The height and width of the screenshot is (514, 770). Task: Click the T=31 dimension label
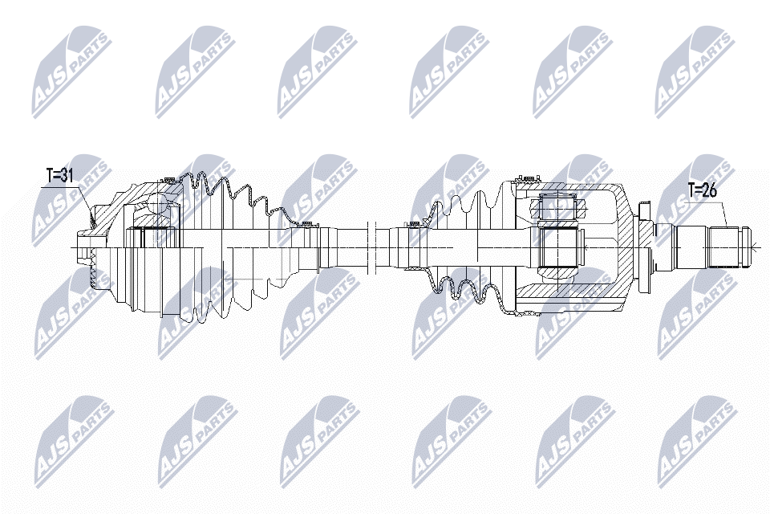tap(60, 175)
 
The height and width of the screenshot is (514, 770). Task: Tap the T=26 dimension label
tap(702, 190)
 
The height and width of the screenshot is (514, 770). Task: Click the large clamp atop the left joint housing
tap(169, 179)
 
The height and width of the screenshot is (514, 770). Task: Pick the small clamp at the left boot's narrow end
tap(307, 225)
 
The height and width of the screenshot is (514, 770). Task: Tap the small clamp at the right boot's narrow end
tap(414, 225)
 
